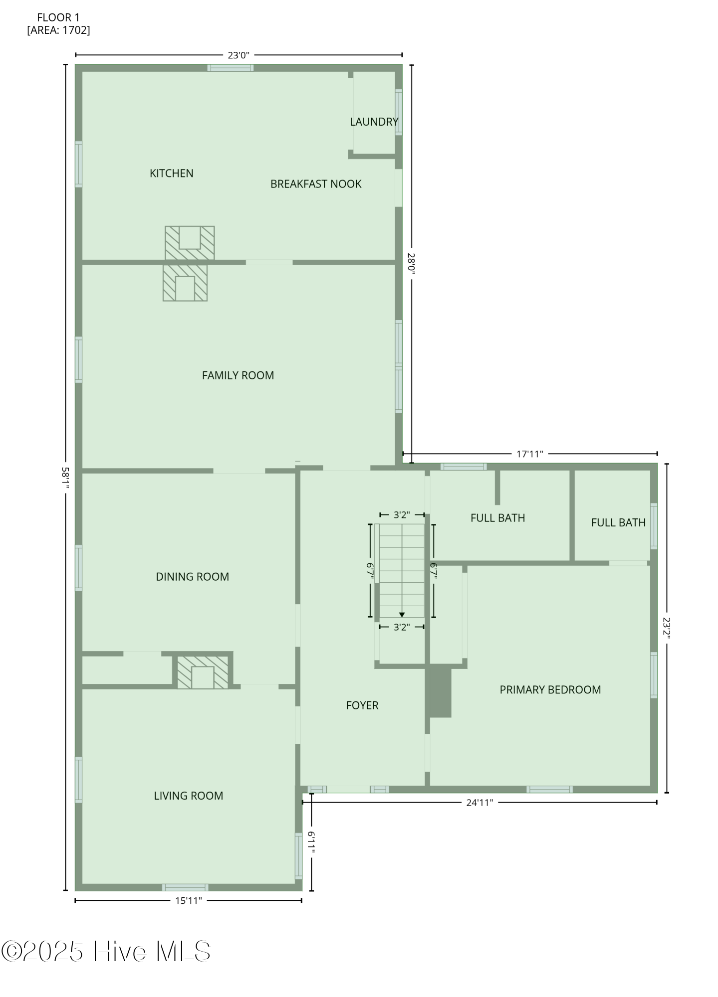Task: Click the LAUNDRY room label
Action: (374, 122)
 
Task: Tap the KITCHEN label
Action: (171, 173)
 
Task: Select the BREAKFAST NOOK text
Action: (316, 184)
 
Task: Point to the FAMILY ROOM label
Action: (238, 375)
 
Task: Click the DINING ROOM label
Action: (192, 577)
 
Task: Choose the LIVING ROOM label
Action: (188, 796)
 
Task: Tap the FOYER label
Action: (362, 705)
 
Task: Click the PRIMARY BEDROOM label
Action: (550, 690)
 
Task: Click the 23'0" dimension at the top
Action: (239, 55)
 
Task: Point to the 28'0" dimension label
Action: (411, 264)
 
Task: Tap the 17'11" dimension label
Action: (529, 454)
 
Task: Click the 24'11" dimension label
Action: (479, 803)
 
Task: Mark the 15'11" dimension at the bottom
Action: (188, 901)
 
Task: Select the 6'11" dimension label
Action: (311, 842)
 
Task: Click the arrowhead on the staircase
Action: (402, 615)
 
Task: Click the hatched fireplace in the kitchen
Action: (190, 243)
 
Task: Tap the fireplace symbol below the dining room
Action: (203, 673)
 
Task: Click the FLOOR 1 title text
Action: (58, 18)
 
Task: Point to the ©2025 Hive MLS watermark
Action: (106, 951)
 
